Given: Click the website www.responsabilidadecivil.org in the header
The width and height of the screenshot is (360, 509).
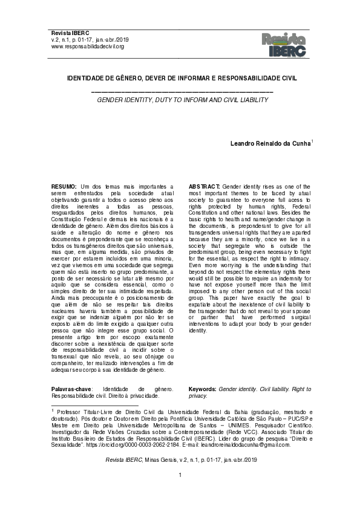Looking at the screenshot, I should coord(88,47).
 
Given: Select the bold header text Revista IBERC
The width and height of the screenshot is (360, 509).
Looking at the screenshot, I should coord(70,32).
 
